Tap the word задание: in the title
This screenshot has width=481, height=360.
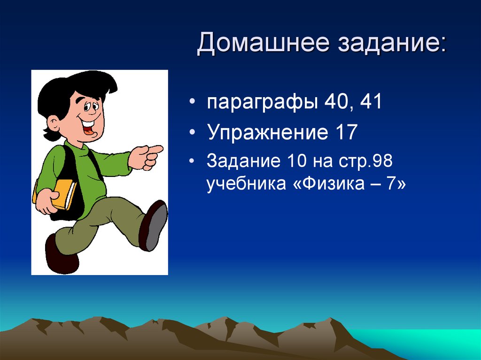[x=392, y=43]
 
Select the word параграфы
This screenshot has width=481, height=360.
[x=262, y=103]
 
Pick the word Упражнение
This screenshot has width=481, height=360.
[x=264, y=132]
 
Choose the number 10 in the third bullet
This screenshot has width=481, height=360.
[x=297, y=161]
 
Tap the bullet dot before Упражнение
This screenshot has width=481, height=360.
[x=192, y=132]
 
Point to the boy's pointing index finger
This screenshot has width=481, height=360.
[x=155, y=150]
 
